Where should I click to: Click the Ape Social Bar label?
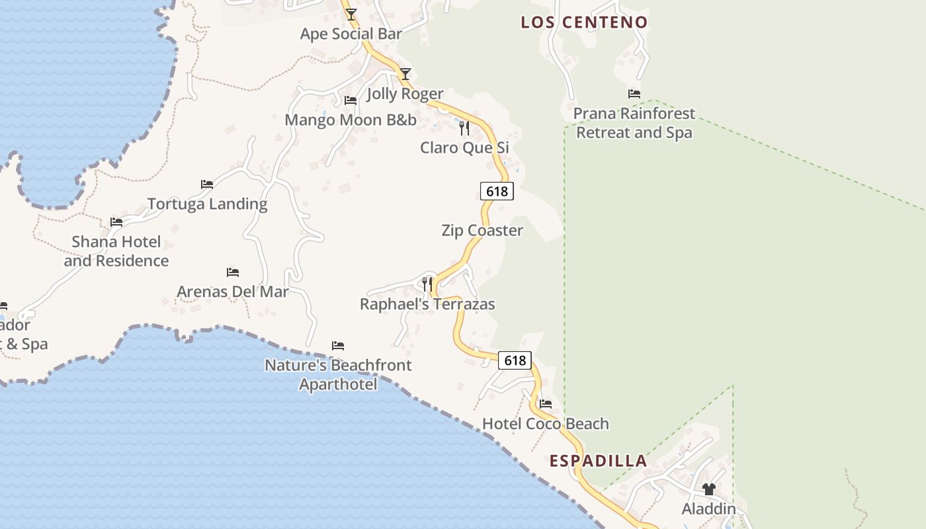click(351, 34)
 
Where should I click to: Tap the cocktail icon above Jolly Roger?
click(405, 74)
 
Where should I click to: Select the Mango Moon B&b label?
click(351, 120)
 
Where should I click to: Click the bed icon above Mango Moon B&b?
click(351, 101)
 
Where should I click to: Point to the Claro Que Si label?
click(464, 147)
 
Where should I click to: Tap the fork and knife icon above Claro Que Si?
click(464, 128)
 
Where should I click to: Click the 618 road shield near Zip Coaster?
click(497, 191)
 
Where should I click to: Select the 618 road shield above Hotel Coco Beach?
click(515, 360)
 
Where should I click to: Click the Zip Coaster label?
click(482, 230)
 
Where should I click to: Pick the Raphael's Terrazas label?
click(427, 304)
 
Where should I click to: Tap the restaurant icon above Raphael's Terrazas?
click(427, 284)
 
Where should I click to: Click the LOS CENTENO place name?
click(584, 22)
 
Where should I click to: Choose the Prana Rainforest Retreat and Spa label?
click(634, 123)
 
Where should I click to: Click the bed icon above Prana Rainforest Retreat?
click(634, 94)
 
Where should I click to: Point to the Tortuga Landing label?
click(207, 204)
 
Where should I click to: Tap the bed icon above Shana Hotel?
click(116, 222)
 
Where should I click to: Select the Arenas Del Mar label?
click(233, 292)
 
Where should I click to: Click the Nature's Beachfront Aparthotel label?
click(338, 374)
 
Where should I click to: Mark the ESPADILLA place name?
click(598, 461)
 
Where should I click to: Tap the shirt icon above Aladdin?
click(709, 489)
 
